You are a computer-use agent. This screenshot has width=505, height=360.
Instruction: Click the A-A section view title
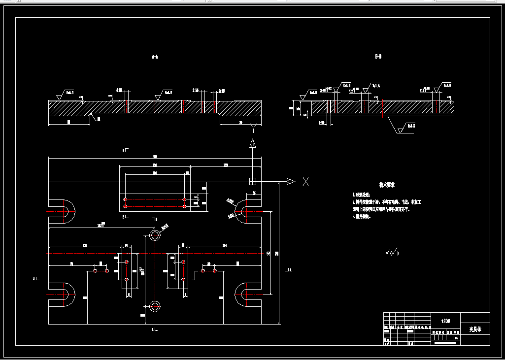pos(155,57)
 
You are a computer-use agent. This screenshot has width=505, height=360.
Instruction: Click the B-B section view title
pos(378,57)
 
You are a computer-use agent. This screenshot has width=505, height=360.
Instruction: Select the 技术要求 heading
pos(387,185)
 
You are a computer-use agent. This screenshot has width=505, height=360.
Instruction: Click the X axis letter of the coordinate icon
pos(305,181)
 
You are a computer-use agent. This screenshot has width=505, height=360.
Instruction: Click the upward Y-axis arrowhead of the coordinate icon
pos(253,144)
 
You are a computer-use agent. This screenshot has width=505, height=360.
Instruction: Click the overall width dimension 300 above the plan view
pos(154,157)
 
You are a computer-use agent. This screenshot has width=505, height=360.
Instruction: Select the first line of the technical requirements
pos(366,196)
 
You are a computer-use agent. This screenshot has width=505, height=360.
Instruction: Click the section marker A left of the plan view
pos(35,279)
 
